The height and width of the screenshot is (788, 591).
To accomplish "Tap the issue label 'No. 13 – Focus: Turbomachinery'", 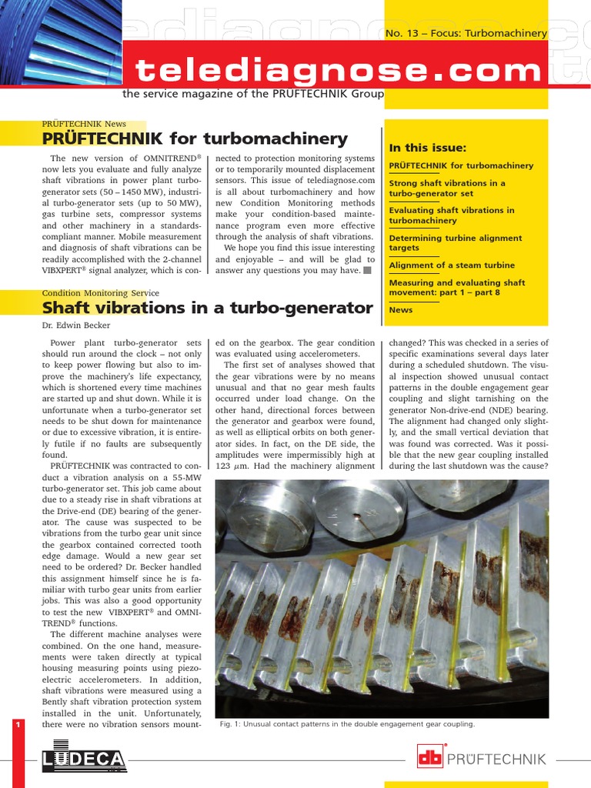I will (465, 33).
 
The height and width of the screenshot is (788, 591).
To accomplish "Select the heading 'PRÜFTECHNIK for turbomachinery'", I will (195, 139).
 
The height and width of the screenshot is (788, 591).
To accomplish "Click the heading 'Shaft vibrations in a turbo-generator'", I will (207, 308).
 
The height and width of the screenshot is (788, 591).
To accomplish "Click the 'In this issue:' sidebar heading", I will (428, 149).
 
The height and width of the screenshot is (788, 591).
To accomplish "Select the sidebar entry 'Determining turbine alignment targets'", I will (455, 243).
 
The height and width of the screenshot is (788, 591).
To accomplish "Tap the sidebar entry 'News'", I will (401, 310).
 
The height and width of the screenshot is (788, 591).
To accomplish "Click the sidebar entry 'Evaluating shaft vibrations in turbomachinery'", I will (452, 215).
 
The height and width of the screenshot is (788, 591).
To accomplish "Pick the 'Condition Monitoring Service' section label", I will (100, 293).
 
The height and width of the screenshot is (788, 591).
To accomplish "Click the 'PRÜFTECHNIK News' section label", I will (84, 124).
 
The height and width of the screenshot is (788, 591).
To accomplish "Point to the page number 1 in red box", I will (17, 725).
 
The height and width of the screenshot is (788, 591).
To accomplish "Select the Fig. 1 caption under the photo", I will (347, 724).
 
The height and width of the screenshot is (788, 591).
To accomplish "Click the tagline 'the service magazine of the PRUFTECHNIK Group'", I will (252, 93).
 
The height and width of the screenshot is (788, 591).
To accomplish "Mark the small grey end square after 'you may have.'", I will (368, 270).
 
